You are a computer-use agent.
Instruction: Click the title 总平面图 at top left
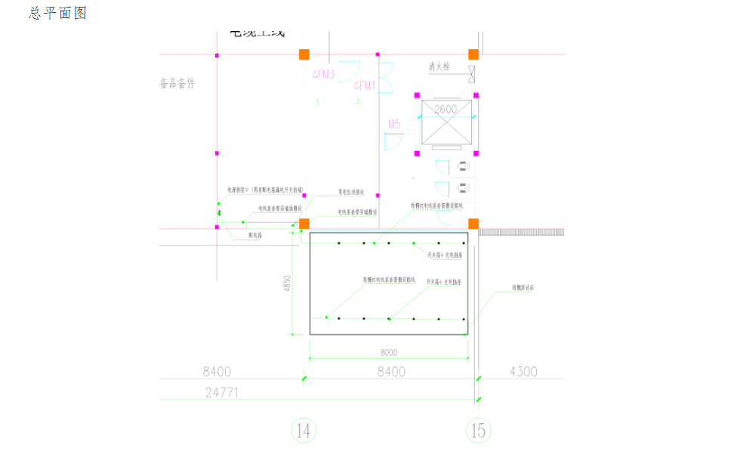[x=58, y=13]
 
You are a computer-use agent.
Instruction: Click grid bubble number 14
[x=304, y=431]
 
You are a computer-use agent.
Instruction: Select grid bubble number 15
[x=478, y=431]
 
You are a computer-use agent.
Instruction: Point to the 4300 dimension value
[x=523, y=371]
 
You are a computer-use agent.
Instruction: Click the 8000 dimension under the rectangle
[x=388, y=351]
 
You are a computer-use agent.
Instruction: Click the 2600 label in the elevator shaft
[x=445, y=109]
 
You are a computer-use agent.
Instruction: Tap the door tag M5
[x=394, y=123]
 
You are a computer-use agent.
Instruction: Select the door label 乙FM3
[x=323, y=74]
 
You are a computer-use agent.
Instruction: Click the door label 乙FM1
[x=365, y=85]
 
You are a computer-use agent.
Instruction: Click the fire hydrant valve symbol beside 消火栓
[x=471, y=73]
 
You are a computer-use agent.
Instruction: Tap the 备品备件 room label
[x=177, y=83]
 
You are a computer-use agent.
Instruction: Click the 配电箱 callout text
[x=255, y=236]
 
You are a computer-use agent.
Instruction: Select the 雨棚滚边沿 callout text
[x=523, y=288]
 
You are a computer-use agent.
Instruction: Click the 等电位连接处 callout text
[x=351, y=193]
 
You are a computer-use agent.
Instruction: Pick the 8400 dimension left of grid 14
[x=217, y=371]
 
